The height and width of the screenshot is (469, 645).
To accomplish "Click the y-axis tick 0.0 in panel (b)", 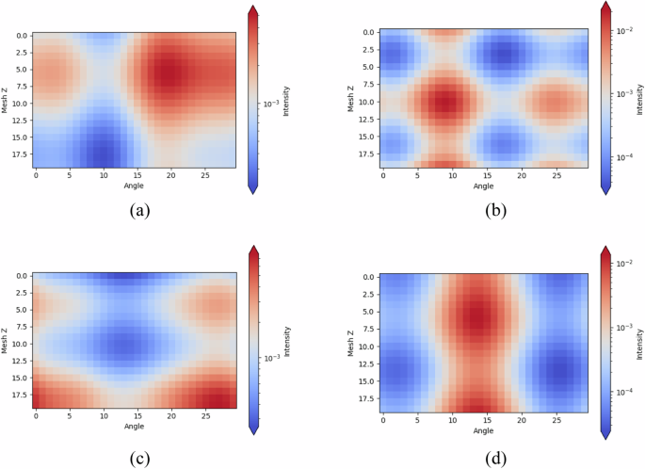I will point(366,34).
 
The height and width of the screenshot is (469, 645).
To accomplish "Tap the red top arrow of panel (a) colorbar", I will point(252,12).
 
